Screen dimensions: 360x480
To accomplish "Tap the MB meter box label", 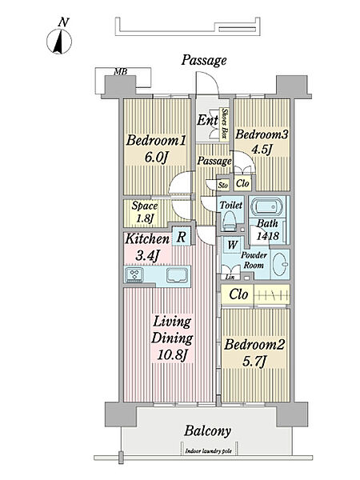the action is pyautogui.click(x=120, y=72).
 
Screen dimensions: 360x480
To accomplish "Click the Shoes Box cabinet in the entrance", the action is pyautogui.click(x=225, y=124).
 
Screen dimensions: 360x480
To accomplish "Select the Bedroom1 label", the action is pyautogui.click(x=156, y=141).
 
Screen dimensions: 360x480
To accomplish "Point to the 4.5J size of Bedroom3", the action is pyautogui.click(x=262, y=150).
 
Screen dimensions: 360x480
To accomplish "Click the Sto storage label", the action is pyautogui.click(x=223, y=186).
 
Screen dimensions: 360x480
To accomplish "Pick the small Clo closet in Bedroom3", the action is pyautogui.click(x=242, y=183).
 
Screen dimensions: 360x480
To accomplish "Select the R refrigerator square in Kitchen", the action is pyautogui.click(x=182, y=236).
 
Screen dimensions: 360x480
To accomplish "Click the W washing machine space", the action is pyautogui.click(x=233, y=245).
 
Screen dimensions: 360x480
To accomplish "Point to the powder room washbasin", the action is pyautogui.click(x=280, y=264).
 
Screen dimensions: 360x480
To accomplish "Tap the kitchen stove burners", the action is pyautogui.click(x=134, y=274).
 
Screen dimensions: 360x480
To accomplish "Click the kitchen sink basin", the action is pyautogui.click(x=177, y=275).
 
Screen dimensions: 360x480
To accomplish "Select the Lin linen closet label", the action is pyautogui.click(x=230, y=278).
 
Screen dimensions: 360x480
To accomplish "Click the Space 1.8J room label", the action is pyautogui.click(x=145, y=212).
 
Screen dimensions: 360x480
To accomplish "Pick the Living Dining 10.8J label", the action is pyautogui.click(x=172, y=338).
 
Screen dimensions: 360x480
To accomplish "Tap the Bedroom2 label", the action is pyautogui.click(x=254, y=344).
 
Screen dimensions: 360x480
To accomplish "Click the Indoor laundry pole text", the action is pyautogui.click(x=209, y=451).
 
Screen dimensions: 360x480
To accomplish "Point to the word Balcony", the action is pyautogui.click(x=207, y=431).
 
